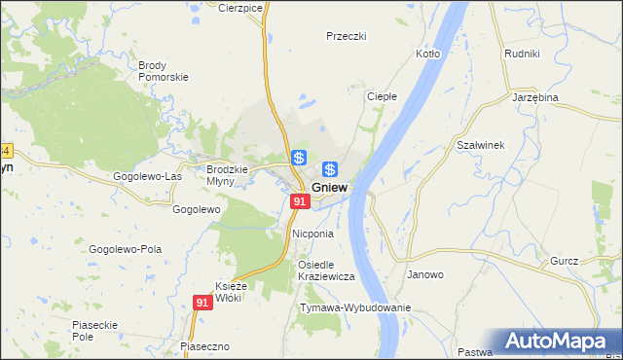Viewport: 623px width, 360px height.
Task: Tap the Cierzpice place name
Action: [x=241, y=7]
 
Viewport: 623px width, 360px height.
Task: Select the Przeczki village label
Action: [x=346, y=36]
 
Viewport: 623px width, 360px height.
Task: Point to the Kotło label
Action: [x=428, y=54]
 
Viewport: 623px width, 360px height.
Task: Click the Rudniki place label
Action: [x=522, y=54]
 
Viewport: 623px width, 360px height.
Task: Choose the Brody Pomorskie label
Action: [x=163, y=71]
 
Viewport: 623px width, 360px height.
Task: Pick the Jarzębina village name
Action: [x=534, y=98]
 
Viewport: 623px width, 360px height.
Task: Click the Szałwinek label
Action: [x=480, y=145]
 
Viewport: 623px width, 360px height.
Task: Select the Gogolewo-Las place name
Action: [x=147, y=176]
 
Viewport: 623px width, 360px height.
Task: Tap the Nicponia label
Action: [x=312, y=234]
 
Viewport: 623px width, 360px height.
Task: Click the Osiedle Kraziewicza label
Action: [x=326, y=270]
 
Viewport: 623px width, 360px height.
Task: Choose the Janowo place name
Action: [x=425, y=274]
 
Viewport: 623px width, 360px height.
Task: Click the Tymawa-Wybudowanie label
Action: [x=355, y=307]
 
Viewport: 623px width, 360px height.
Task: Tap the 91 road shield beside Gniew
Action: [x=299, y=201]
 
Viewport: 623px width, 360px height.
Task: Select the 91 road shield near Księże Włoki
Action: [x=202, y=303]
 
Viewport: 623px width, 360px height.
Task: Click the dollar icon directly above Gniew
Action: [x=330, y=169]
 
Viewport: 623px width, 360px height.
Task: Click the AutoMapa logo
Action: [x=553, y=342]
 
